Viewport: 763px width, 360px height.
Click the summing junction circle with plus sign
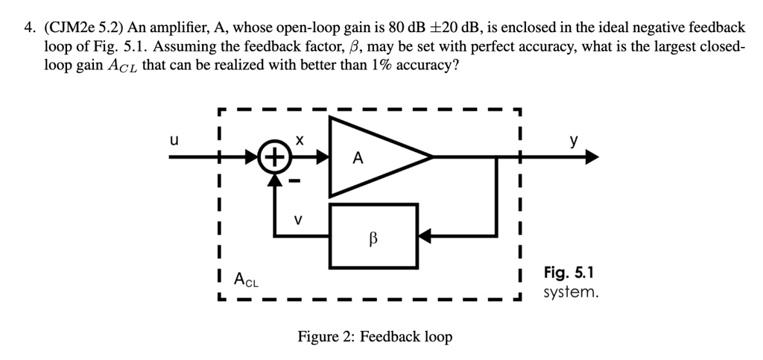point(275,157)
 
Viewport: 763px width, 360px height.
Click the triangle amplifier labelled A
point(373,157)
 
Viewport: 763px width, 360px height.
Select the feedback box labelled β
point(374,236)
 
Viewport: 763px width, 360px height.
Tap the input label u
point(174,139)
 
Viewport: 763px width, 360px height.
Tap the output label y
point(573,140)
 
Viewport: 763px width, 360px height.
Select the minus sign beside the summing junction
point(294,181)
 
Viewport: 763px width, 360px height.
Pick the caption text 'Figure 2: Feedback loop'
point(375,337)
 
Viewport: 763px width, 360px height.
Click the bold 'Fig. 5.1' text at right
point(569,273)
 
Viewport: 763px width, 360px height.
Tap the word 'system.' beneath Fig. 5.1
point(571,292)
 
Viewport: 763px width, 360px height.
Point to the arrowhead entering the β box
point(423,236)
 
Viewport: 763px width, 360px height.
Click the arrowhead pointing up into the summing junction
point(275,178)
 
